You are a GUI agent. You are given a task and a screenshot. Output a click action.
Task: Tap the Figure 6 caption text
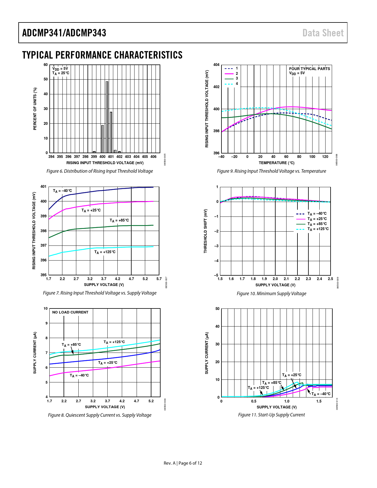(x=100, y=171)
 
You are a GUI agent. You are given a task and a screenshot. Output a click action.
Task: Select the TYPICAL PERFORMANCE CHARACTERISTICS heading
(x=102, y=55)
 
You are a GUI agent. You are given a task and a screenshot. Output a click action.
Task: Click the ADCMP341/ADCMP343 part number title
(x=64, y=33)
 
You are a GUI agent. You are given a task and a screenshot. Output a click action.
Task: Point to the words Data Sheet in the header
(x=323, y=33)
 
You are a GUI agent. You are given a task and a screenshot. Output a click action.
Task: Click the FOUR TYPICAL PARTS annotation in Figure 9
(x=309, y=69)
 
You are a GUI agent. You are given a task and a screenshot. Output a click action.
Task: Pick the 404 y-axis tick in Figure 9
(x=216, y=65)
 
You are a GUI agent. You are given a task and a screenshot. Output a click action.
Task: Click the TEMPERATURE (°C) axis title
(x=276, y=163)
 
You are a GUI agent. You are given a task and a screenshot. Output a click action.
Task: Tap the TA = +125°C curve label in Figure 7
(x=105, y=252)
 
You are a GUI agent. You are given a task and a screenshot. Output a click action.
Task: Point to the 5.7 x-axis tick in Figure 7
(x=159, y=279)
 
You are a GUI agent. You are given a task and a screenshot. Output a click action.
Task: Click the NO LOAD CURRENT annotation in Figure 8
(x=70, y=312)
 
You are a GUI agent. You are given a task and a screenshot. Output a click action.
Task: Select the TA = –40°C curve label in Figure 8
(x=79, y=376)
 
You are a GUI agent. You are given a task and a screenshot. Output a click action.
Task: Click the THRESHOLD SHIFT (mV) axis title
(x=206, y=231)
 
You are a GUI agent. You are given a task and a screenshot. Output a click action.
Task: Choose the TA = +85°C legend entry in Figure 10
(x=317, y=224)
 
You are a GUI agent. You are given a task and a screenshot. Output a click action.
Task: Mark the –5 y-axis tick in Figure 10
(x=216, y=275)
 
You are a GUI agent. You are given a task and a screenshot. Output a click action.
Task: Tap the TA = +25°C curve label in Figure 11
(x=292, y=375)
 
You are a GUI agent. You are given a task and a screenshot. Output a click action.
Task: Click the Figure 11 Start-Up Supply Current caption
(x=271, y=415)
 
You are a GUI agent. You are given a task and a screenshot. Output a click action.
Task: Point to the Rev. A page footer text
(x=183, y=463)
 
